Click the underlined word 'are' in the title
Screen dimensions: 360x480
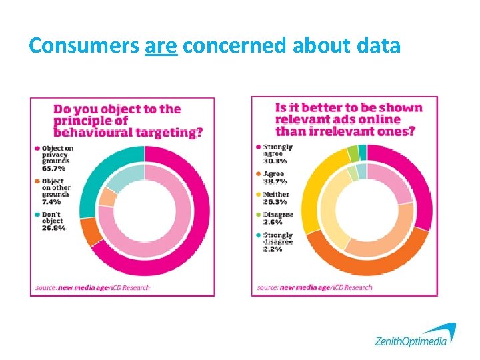tap(161, 45)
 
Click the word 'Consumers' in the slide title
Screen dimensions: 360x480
tap(84, 45)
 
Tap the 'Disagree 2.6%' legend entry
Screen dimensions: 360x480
tap(277, 218)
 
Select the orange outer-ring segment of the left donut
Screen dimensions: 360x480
tap(87, 231)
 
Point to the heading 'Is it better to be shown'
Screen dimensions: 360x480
tap(349, 119)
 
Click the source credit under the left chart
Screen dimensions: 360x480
tap(93, 288)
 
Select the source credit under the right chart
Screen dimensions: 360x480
tap(314, 288)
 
